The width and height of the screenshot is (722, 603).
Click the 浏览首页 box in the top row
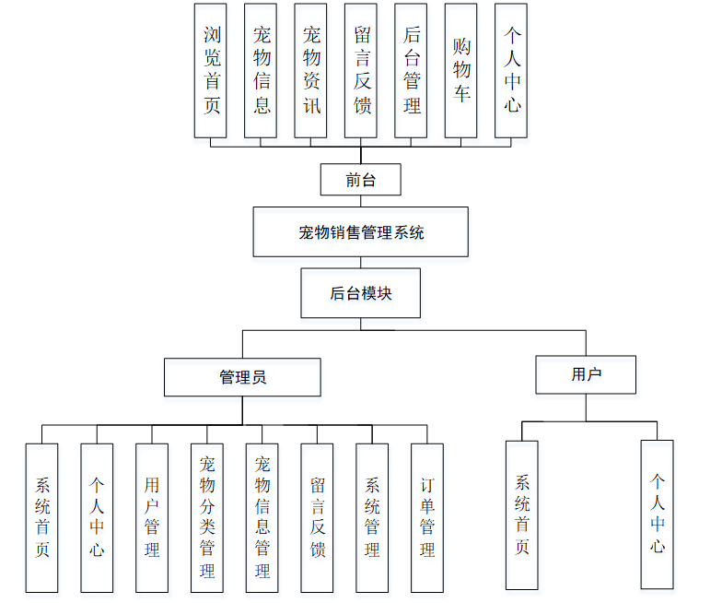tap(212, 70)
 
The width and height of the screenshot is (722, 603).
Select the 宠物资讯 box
tap(311, 70)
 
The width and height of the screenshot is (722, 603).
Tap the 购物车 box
tap(461, 70)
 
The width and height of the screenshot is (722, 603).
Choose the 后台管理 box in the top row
tap(411, 70)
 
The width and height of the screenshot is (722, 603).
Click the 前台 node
tap(360, 180)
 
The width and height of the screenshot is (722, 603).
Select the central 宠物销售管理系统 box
tap(360, 231)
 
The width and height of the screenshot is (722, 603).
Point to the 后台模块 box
tap(360, 293)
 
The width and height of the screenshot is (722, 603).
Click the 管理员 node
tap(242, 377)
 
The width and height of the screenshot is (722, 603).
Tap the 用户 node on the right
tap(586, 373)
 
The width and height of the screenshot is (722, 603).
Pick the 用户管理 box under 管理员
tap(152, 517)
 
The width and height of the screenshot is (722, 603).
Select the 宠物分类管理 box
tap(207, 517)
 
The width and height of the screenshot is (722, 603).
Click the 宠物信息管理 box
tap(262, 517)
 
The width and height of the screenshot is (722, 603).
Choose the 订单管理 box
tap(427, 517)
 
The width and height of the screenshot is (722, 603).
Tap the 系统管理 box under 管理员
tap(372, 517)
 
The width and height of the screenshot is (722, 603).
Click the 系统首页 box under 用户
tap(522, 514)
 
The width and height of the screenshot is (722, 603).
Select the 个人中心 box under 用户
tap(657, 514)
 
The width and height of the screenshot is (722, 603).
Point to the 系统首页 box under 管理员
tap(42, 517)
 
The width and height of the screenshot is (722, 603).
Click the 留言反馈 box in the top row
tap(361, 70)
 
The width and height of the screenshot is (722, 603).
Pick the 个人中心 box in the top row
tap(511, 70)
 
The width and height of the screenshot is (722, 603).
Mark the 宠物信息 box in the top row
tap(262, 70)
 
